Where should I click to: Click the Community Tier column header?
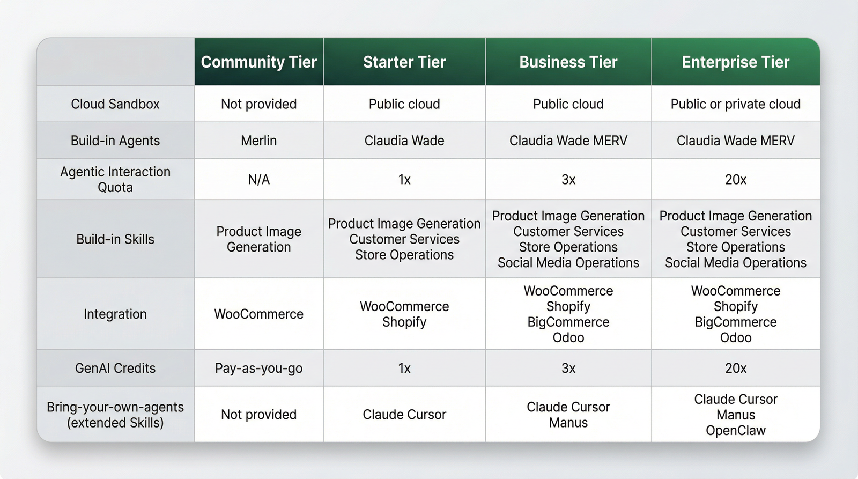click(x=258, y=62)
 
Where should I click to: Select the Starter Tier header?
click(x=404, y=62)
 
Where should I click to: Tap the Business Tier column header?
click(x=568, y=62)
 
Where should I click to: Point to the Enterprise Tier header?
click(x=735, y=62)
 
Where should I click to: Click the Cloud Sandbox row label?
click(x=115, y=104)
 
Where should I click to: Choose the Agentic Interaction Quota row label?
click(x=115, y=179)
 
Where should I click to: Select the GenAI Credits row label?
click(x=115, y=368)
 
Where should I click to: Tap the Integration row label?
click(x=115, y=314)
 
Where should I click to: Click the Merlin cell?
click(x=258, y=141)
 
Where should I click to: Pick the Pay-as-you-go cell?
click(x=258, y=369)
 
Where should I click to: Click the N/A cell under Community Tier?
click(x=258, y=179)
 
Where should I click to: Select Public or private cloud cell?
click(x=735, y=104)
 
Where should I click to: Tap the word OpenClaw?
click(x=735, y=430)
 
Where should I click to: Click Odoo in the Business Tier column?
click(x=568, y=337)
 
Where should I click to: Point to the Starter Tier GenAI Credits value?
click(x=404, y=369)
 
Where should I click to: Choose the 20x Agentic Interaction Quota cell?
click(x=735, y=179)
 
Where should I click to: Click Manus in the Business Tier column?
click(x=568, y=423)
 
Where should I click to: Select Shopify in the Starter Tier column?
click(x=404, y=322)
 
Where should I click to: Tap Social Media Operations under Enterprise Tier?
click(x=735, y=262)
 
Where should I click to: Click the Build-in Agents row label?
click(x=115, y=141)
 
